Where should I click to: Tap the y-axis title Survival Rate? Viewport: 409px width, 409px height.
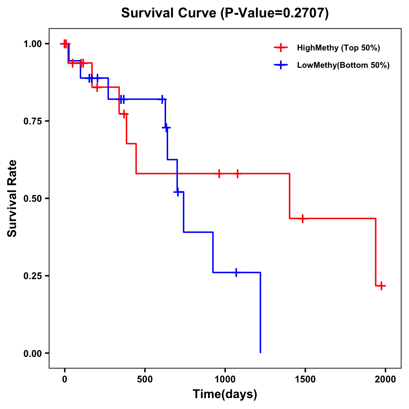(12, 198)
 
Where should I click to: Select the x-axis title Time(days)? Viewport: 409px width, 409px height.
(225, 394)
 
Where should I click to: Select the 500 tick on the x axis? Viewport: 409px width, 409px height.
(145, 379)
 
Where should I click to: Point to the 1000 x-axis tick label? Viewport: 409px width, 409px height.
(225, 379)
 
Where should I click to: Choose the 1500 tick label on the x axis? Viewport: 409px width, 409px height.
(305, 379)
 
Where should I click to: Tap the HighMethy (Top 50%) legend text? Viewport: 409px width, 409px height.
(338, 48)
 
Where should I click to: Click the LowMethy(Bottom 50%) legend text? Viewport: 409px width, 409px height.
(343, 65)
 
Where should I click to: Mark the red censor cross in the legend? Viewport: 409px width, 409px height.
(281, 47)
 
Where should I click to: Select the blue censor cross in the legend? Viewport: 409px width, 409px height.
(281, 65)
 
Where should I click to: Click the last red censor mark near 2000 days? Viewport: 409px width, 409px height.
(381, 286)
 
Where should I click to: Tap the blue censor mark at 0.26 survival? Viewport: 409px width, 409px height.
(236, 272)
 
